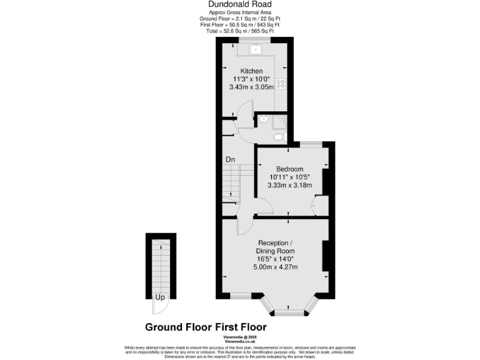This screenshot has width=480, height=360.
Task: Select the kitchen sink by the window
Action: [x=256, y=49]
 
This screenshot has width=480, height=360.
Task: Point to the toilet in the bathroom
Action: [x=278, y=136]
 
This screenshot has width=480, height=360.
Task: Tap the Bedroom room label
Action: [x=290, y=169]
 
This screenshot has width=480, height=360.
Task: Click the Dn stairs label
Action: [x=230, y=159]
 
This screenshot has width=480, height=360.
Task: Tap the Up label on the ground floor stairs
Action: [x=161, y=297]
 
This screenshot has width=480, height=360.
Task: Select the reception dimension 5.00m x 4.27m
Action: [x=275, y=267]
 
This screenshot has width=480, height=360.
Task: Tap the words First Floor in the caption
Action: [x=241, y=327]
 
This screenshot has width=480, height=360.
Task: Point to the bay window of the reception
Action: [x=288, y=307]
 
